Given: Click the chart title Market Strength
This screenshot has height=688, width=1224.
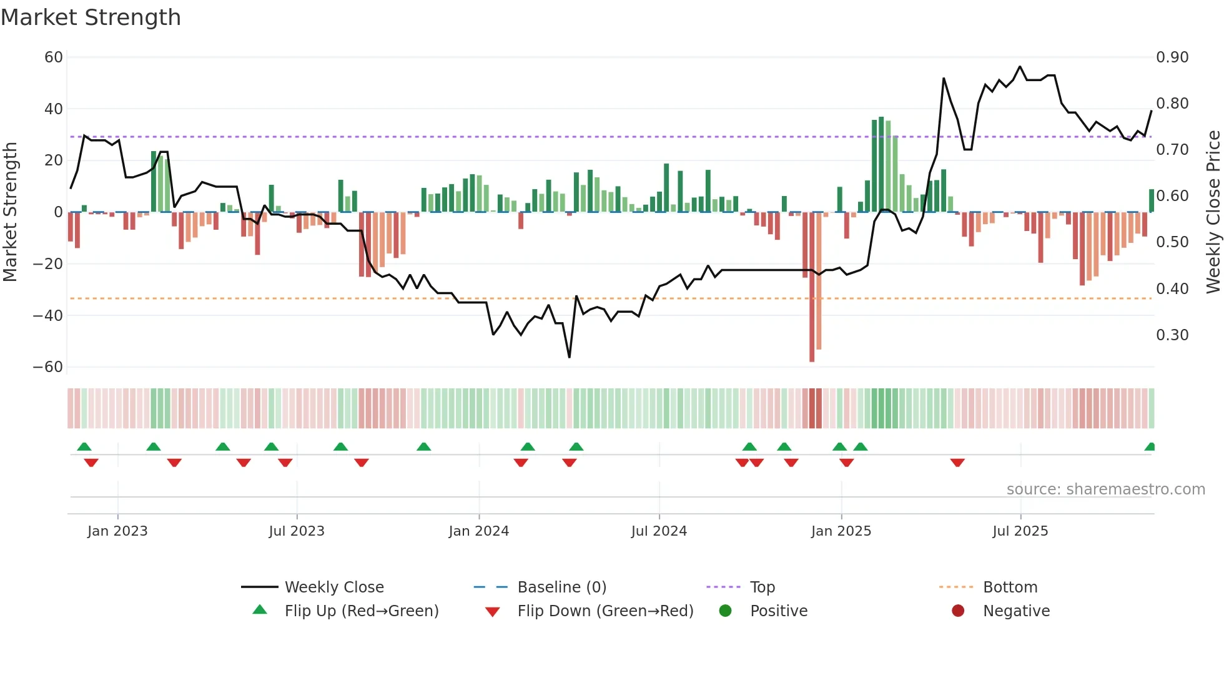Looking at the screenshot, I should point(91,17).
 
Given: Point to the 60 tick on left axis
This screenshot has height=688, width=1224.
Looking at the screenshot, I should point(54,57).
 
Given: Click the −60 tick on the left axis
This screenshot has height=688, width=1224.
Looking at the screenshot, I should point(48,367).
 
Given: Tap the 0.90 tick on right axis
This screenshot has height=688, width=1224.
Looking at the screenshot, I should point(1172,57).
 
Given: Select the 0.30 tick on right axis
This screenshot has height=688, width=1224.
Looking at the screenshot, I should point(1172,335).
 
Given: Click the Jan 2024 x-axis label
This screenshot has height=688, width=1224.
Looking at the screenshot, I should point(478,531).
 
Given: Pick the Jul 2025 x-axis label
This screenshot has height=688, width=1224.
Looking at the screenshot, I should point(1020,531).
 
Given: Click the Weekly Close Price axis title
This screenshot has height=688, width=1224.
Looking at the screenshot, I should point(1213,212).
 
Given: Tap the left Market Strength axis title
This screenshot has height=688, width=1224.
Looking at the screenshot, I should point(10,212).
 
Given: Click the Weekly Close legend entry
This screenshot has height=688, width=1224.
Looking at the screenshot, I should point(334,587).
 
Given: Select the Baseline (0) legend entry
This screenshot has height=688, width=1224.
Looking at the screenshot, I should point(561,587).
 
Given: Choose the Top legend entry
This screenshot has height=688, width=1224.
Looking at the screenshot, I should point(762,587).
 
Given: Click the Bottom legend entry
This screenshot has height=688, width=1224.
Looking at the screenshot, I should point(1010,587).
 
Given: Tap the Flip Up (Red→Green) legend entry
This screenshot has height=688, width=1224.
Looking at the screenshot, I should point(361,611).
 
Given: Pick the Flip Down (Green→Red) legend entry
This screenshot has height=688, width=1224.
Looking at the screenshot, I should point(605,611).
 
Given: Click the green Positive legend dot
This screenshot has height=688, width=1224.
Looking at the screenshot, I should point(725,611).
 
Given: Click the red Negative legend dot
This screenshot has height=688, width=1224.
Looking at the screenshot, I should point(958,611).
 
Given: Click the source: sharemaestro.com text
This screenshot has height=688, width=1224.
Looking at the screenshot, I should point(1105,489).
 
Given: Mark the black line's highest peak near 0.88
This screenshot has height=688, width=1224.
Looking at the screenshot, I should point(1020,66).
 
